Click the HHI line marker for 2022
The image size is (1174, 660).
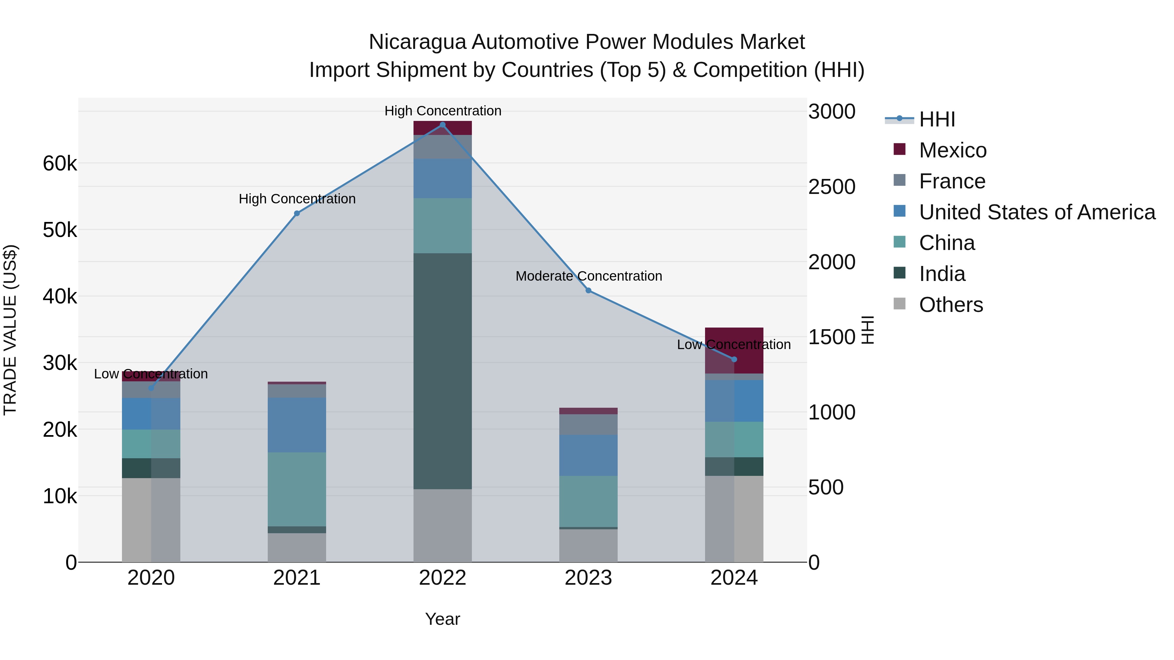tap(442, 125)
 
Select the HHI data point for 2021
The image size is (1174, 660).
tap(297, 213)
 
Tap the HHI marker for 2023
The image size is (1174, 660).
tap(588, 291)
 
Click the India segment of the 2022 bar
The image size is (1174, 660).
tap(442, 371)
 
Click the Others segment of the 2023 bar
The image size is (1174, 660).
tap(588, 545)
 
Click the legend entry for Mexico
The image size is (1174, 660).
tap(953, 150)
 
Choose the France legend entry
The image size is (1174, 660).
tap(952, 181)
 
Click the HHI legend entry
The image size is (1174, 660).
tap(937, 119)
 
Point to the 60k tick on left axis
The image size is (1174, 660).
tap(60, 164)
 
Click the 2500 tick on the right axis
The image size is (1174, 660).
tap(832, 187)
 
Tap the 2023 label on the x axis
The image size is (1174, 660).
tap(588, 578)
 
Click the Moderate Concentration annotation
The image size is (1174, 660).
tap(588, 276)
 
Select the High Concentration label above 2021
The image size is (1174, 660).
tap(297, 199)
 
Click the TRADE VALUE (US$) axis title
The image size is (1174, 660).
tap(10, 330)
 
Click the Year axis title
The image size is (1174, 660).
tap(442, 619)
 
